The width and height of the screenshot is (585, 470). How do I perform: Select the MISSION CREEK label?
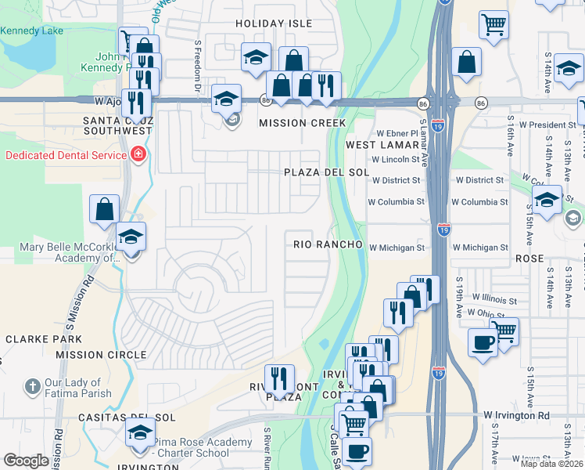302,123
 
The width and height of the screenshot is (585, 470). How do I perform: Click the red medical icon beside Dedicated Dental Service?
139,154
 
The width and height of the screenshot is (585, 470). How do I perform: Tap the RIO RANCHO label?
328,244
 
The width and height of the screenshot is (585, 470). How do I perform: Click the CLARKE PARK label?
44,339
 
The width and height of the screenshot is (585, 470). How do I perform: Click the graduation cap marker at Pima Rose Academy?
140,433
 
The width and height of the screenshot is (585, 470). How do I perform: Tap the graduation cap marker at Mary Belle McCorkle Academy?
131,237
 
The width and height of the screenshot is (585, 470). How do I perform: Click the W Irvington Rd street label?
516,415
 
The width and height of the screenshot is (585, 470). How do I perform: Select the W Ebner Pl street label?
398,133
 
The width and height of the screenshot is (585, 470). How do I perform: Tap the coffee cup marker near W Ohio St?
483,342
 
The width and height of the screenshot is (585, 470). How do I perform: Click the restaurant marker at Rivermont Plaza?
279,379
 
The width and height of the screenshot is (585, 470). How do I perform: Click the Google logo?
26,461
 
